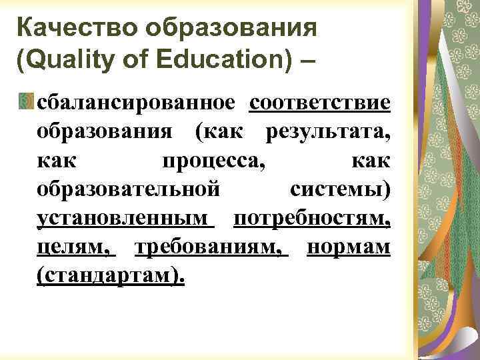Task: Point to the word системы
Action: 340,190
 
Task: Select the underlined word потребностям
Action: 311,219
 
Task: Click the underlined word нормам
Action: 349,247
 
